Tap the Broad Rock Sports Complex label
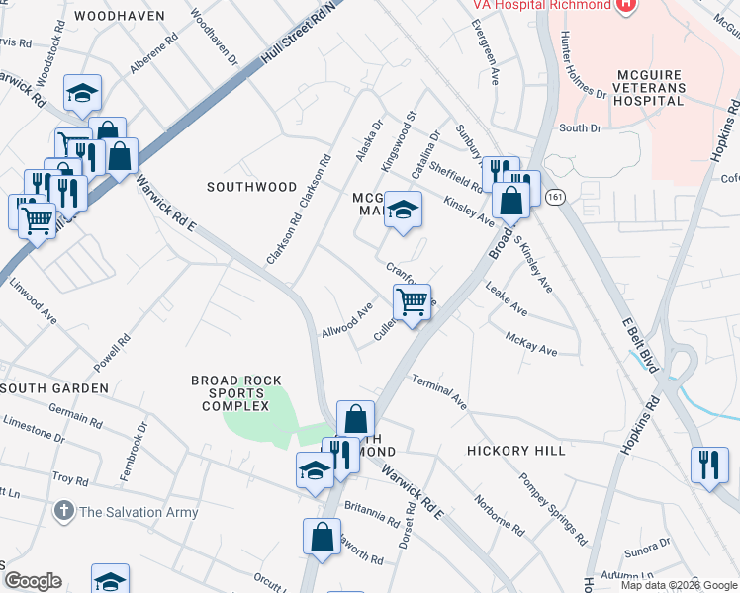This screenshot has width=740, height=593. pyautogui.click(x=236, y=393)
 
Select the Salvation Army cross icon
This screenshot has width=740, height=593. pyautogui.click(x=63, y=511)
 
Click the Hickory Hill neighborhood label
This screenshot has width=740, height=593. pyautogui.click(x=515, y=451)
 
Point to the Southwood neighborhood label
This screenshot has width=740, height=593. pyautogui.click(x=251, y=187)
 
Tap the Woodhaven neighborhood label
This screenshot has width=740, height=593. pyautogui.click(x=118, y=17)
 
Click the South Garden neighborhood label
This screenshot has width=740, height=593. pyautogui.click(x=53, y=388)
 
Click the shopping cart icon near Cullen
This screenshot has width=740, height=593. pyautogui.click(x=412, y=301)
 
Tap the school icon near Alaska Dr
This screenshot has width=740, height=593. pyautogui.click(x=403, y=210)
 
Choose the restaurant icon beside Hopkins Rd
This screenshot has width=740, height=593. pyautogui.click(x=708, y=465)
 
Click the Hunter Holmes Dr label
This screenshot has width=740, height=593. pyautogui.click(x=583, y=64)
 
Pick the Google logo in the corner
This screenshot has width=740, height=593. pyautogui.click(x=33, y=581)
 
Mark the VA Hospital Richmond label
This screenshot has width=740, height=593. pyautogui.click(x=541, y=5)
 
